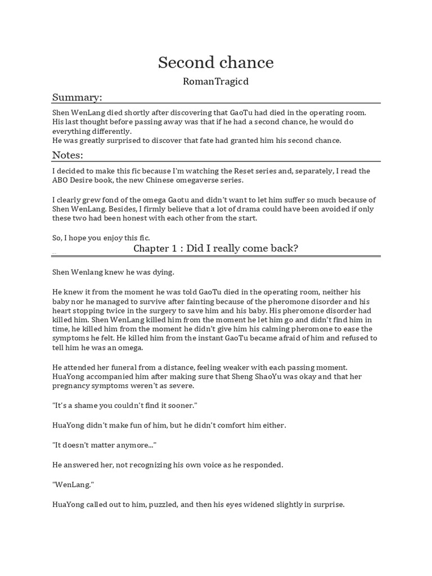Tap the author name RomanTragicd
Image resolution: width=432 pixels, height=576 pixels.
(x=215, y=82)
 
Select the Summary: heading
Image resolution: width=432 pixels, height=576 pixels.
(x=77, y=97)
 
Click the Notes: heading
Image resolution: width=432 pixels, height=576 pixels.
(x=67, y=155)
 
